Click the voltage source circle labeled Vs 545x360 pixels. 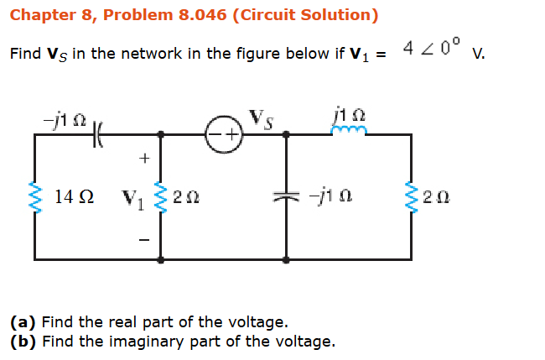click(224, 134)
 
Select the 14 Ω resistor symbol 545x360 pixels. click(35, 198)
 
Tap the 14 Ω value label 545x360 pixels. click(74, 199)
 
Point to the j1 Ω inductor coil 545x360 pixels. click(347, 131)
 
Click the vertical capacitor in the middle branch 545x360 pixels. click(286, 197)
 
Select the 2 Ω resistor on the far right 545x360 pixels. click(411, 198)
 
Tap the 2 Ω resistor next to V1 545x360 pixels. click(160, 198)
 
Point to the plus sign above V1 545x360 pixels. click(143, 157)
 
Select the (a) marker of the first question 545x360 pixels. click(23, 321)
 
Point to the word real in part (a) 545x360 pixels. click(122, 321)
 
